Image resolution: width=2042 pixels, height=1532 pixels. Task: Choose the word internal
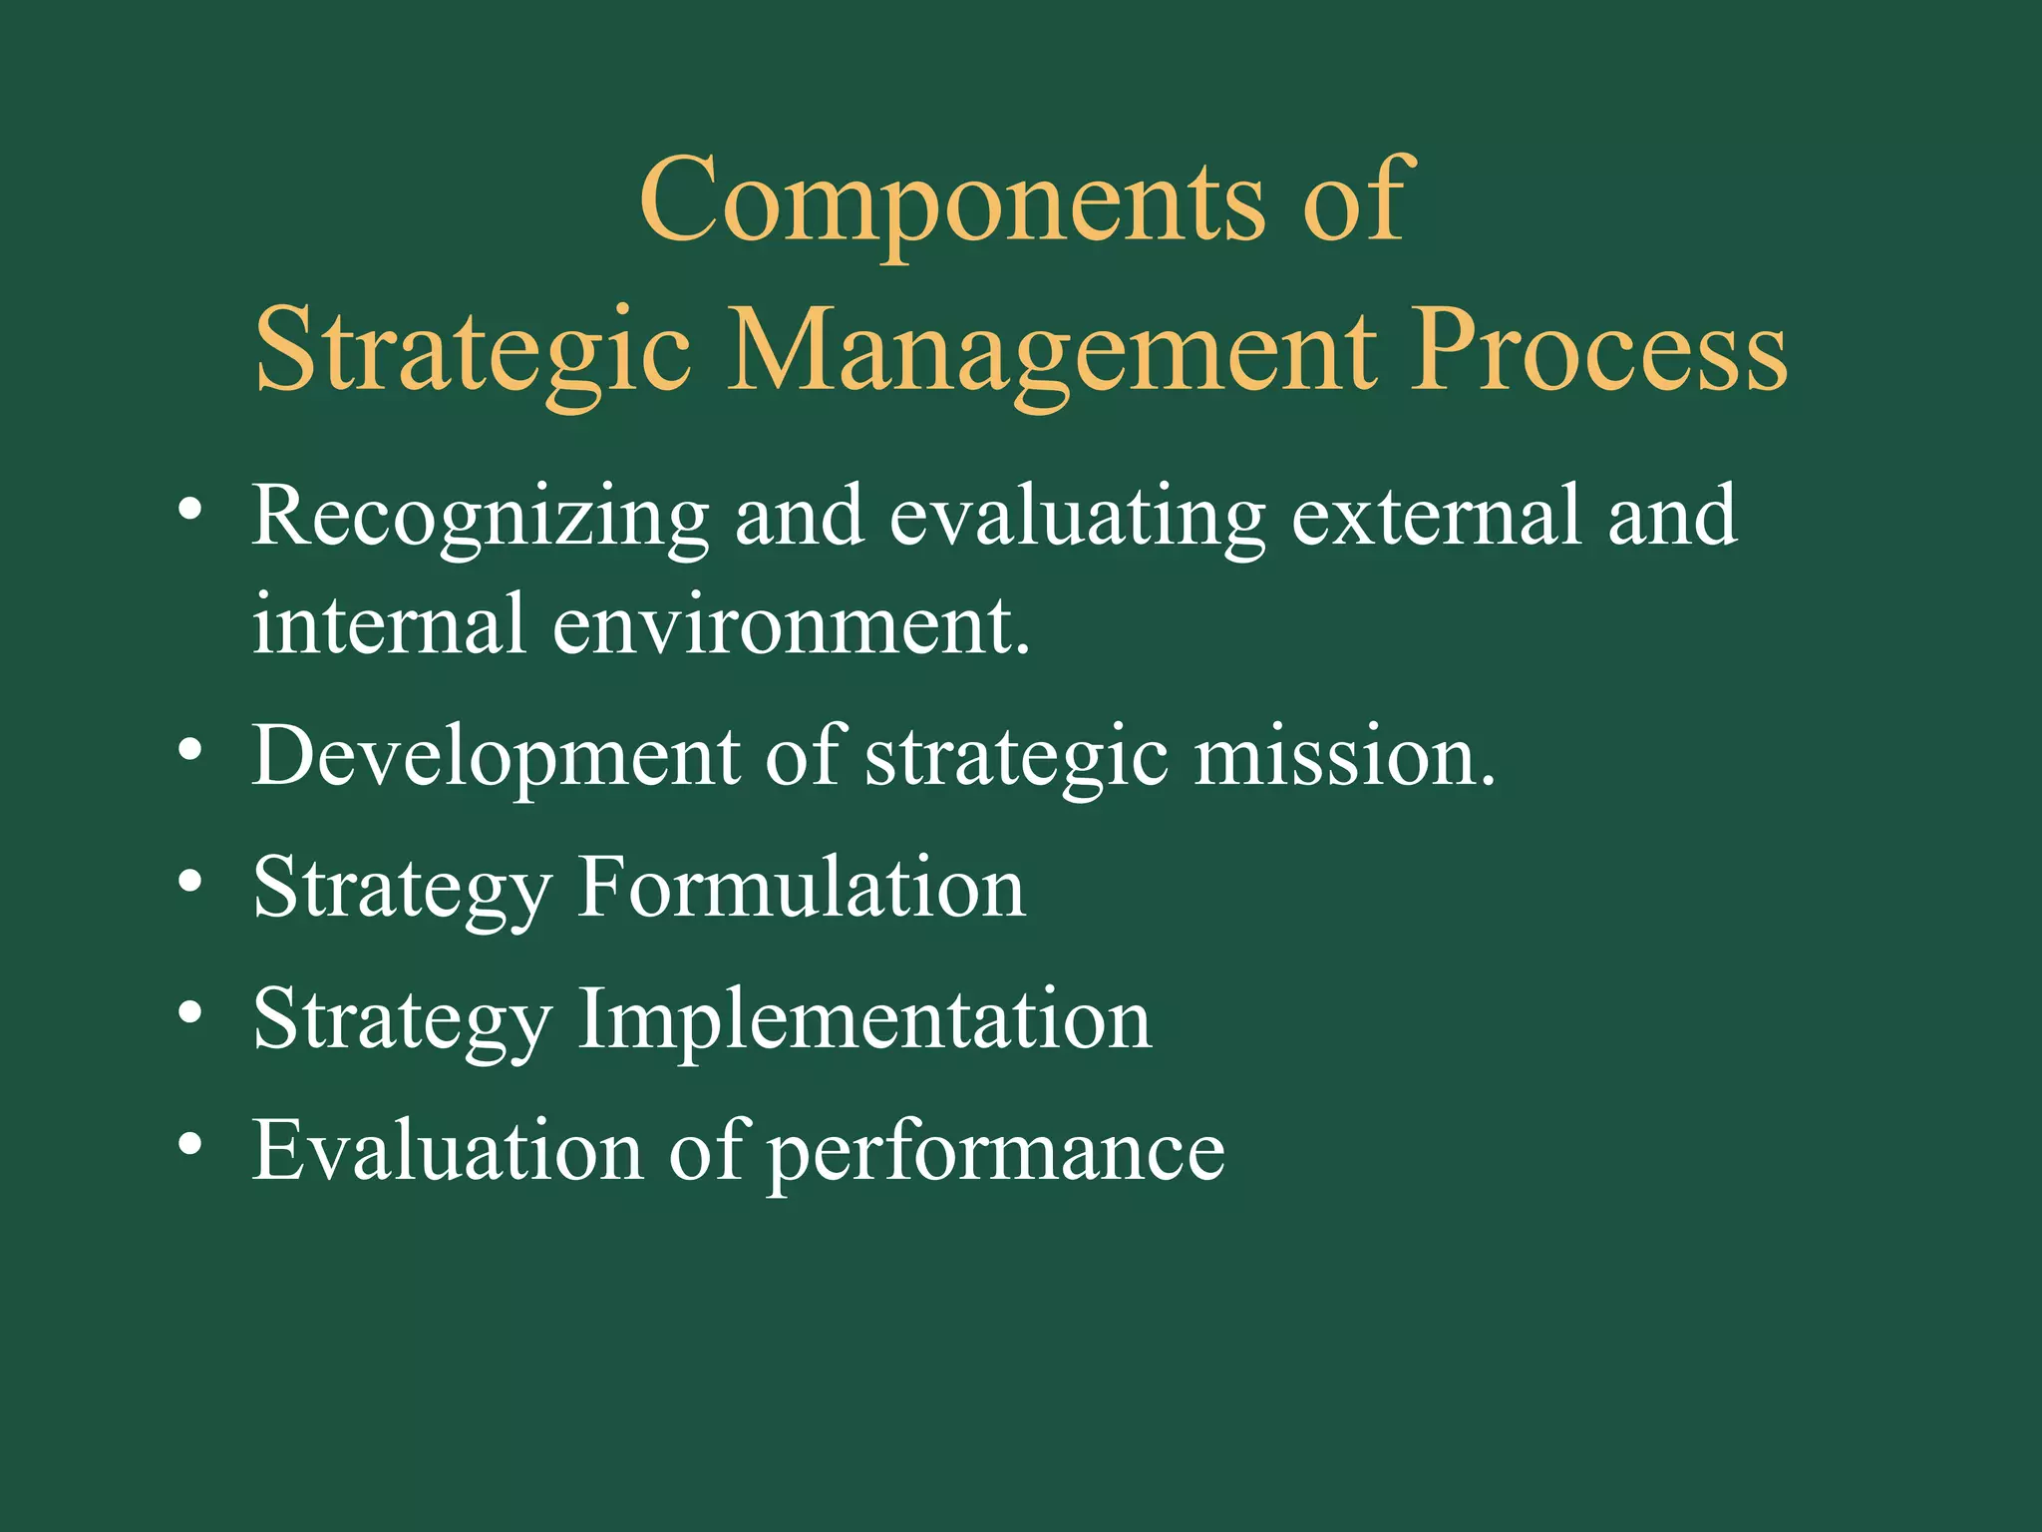tap(389, 624)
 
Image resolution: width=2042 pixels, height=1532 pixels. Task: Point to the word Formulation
tap(802, 887)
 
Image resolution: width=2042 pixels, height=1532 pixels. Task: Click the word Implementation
tap(864, 1019)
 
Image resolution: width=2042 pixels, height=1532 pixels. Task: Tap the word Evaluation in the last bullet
tap(448, 1150)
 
